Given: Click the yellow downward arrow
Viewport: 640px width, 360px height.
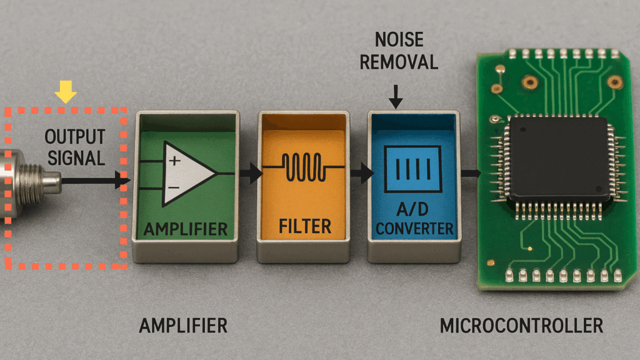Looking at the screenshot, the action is coord(65,91).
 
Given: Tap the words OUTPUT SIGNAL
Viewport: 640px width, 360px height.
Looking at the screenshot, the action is coord(75,147).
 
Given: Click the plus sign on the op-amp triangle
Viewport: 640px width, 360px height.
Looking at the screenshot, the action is coord(175,161).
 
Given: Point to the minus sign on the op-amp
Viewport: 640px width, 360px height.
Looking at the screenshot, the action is coord(174,187).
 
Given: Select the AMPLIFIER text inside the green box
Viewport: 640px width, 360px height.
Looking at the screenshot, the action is coord(185,229).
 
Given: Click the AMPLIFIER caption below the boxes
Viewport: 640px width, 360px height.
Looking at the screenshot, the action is coord(183,326).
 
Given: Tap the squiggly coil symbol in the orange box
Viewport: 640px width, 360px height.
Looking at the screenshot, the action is coord(304,167).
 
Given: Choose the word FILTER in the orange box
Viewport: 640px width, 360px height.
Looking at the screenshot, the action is coord(305,226).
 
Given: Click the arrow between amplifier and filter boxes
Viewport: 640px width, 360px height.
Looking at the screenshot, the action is coord(251,174).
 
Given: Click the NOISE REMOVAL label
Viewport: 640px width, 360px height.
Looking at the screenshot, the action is coord(399,51).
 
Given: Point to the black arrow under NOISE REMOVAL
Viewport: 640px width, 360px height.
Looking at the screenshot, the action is coord(396,97).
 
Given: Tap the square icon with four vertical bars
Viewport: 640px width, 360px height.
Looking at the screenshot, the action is coord(413,169).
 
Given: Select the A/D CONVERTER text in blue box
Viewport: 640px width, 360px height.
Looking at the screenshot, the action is coord(414,219).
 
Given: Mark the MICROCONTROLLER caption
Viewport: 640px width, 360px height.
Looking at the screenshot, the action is coord(521,326).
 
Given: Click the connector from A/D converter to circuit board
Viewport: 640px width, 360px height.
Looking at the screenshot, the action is coord(471,174).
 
